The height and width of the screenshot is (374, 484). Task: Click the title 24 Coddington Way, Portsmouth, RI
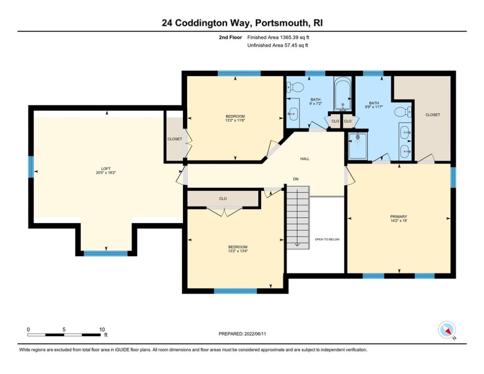pos(242,23)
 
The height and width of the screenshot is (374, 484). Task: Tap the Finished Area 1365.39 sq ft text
pos(278,37)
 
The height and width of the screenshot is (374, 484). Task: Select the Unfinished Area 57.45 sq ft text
pos(278,45)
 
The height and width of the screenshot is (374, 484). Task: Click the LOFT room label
pos(106,168)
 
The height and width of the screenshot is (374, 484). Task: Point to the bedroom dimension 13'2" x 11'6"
pos(235,121)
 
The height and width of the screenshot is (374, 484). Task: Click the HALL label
pos(305,159)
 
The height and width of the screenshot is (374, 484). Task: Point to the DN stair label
pos(295,179)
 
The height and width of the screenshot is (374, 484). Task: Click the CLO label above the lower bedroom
pos(223,199)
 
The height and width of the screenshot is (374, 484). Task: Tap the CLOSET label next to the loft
pos(174,139)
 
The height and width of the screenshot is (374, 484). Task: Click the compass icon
pos(446,330)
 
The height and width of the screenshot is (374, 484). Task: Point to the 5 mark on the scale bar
pos(64,329)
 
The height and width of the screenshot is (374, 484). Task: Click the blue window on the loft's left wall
pos(31,167)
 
